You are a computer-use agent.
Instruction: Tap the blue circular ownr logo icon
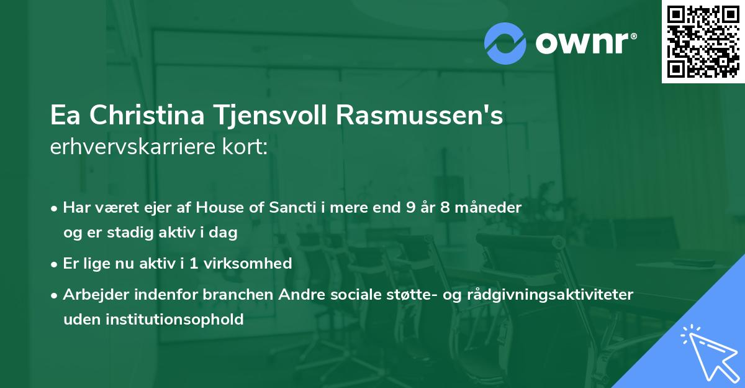(x=505, y=43)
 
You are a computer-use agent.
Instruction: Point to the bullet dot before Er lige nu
(x=55, y=264)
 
